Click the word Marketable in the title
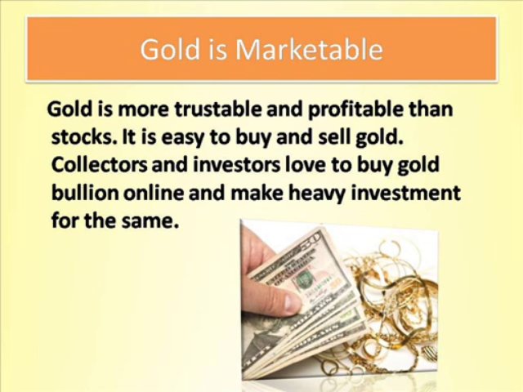click(x=309, y=50)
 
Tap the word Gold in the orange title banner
click(x=168, y=50)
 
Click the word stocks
click(x=77, y=136)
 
